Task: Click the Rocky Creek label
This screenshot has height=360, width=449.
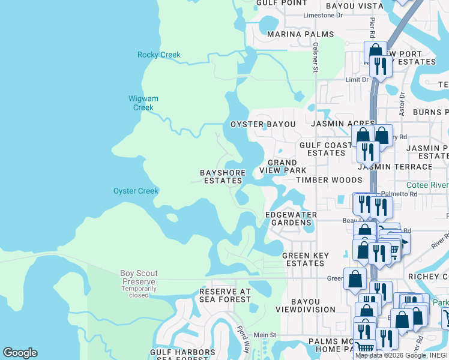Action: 159,55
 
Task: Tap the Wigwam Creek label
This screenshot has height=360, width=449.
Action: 143,103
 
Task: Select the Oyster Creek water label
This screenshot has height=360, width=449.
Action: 136,191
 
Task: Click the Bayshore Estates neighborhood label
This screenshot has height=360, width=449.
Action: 223,177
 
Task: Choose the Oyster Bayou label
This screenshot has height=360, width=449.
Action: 264,124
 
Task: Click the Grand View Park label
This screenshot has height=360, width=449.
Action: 282,166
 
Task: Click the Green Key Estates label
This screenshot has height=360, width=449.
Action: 306,259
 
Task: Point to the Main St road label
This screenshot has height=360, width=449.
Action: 264,335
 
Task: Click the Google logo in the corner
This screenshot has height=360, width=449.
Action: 20,353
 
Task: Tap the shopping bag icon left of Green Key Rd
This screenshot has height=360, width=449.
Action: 355,278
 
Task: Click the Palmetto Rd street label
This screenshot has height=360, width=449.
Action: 399,194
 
